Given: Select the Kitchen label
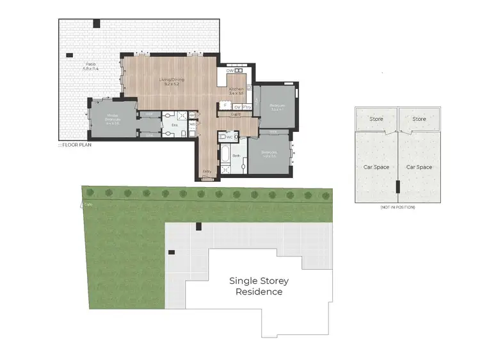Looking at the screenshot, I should pos(237,92).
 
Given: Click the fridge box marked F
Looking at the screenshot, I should pos(225,106).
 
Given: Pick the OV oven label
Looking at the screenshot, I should pos(237,107).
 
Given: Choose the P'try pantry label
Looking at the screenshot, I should pos(247,107).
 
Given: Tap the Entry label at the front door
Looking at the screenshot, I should pos(207,172).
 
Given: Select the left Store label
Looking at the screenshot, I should pos(375,119).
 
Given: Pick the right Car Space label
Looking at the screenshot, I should pos(419,167).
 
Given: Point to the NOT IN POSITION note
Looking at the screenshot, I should pos(397,208).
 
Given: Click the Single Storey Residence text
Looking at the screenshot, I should pos(259,286).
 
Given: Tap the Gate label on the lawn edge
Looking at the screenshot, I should pos(88,204).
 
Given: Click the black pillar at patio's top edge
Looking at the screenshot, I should pos(97,24).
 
